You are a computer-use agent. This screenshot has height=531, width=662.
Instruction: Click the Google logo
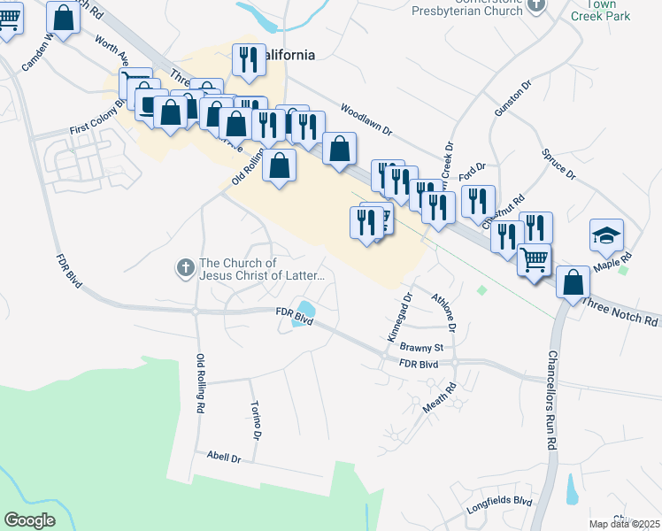click(30, 520)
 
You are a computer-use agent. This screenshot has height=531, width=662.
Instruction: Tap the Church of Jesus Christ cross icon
click(186, 267)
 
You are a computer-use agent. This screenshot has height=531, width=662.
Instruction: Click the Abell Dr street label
click(224, 458)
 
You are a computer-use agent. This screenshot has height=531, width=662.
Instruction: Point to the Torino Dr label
click(257, 423)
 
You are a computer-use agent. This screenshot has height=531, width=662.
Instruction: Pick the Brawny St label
click(414, 347)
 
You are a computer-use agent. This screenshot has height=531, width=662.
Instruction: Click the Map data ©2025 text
click(624, 524)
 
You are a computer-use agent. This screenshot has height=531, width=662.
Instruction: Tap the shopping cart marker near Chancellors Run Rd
click(535, 261)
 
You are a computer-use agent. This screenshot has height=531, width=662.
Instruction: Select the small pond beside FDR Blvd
click(304, 312)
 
